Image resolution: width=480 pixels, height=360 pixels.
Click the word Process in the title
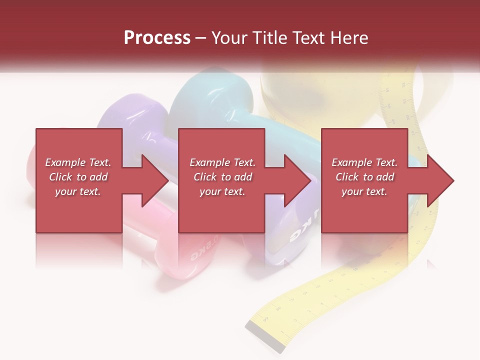pos(157,38)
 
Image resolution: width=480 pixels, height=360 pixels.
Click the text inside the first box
pos(78,177)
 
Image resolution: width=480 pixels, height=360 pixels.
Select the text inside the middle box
pos(222,177)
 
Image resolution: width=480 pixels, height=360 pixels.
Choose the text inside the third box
pos(364,177)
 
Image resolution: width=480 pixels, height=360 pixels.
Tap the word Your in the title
pos(229,38)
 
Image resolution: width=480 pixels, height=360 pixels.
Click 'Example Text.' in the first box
pos(78,162)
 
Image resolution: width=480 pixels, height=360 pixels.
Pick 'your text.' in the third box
pos(364,191)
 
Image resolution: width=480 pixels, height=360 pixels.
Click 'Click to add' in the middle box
pos(222,177)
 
